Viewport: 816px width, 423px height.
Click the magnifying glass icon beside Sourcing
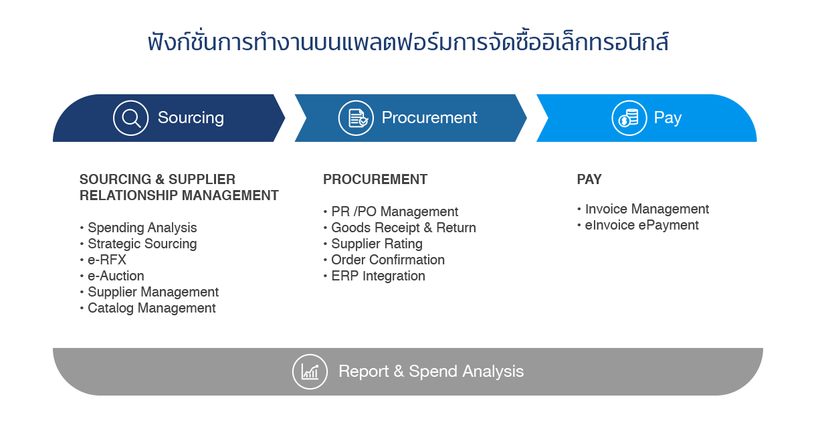[131, 118]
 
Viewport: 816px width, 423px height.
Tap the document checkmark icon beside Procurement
[356, 118]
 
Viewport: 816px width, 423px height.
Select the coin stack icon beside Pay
[629, 118]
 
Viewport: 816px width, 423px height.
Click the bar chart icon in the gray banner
[310, 371]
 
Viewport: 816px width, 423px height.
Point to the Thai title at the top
[408, 42]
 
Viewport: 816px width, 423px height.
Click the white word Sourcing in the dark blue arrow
[191, 118]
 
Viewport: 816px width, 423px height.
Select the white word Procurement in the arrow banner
[429, 118]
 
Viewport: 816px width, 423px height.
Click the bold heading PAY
[589, 179]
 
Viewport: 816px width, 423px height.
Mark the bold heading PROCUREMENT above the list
[375, 179]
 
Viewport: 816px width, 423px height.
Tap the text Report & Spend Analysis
[431, 371]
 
